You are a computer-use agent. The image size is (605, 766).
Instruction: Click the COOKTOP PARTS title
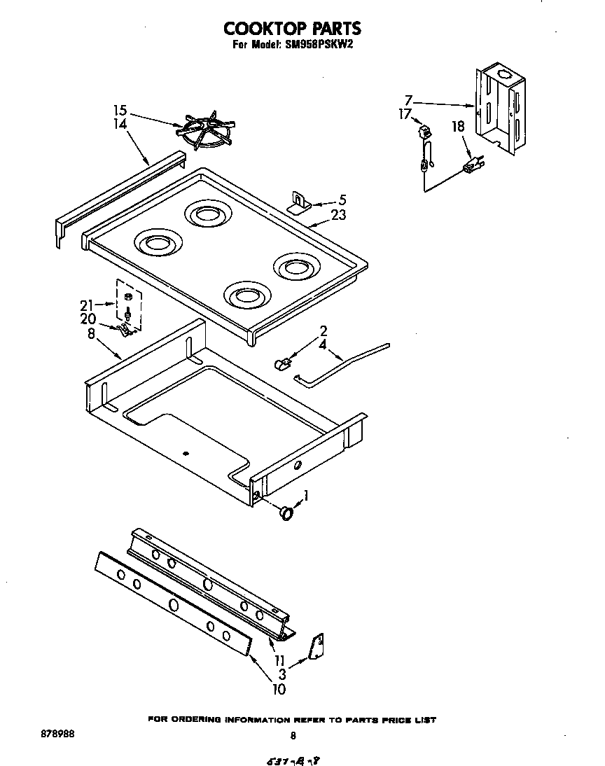coord(292,28)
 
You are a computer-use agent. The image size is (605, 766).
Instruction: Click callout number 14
coord(120,124)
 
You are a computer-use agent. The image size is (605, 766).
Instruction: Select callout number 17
coord(405,114)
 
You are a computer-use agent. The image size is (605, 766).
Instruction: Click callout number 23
coord(338,216)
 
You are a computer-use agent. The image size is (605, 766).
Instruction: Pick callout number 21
coord(86,304)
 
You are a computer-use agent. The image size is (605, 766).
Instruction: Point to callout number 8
coord(92,334)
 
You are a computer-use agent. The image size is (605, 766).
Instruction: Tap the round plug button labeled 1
coord(285,514)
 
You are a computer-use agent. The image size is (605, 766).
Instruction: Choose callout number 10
coord(279,689)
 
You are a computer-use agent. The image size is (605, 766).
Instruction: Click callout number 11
coord(279,660)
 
